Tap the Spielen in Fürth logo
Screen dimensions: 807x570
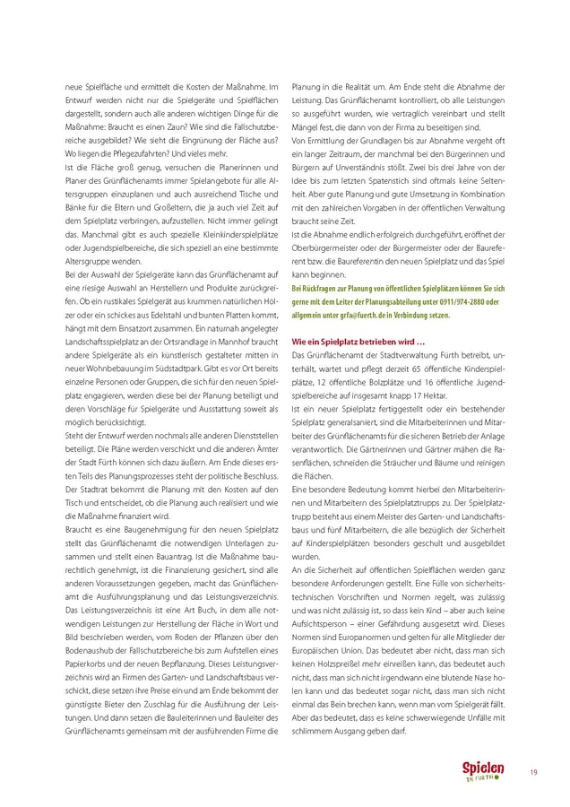click(483, 772)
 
